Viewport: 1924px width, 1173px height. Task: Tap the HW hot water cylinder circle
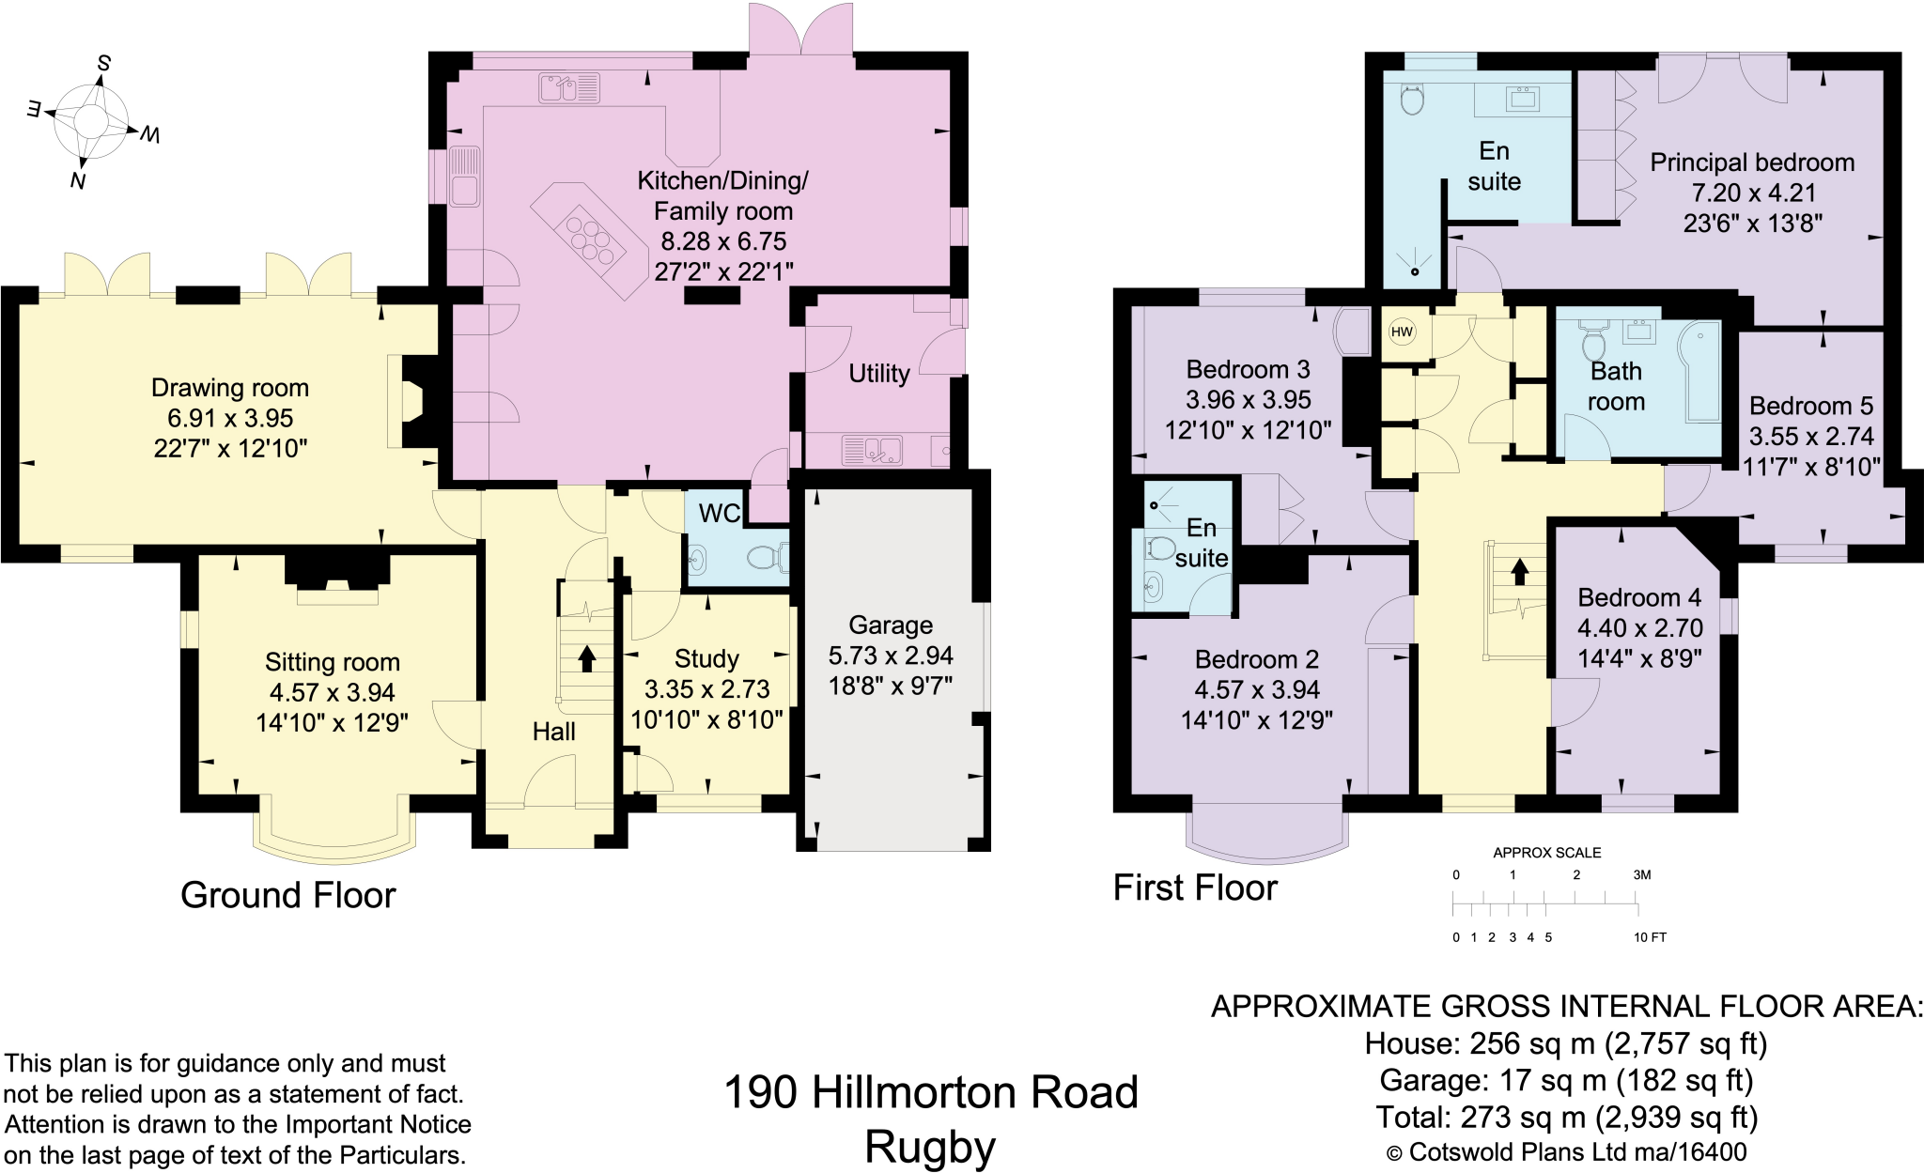(1402, 332)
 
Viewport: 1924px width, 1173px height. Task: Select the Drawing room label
(230, 388)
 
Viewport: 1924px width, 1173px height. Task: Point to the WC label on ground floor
(720, 513)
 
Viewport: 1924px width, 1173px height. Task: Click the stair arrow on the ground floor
(587, 657)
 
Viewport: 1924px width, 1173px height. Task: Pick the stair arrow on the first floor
(1519, 570)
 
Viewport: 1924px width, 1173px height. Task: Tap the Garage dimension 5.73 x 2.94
(891, 656)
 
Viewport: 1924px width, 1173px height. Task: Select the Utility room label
(879, 374)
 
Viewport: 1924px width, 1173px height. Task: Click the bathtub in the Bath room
(1701, 372)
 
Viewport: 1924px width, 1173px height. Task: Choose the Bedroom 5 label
(1810, 406)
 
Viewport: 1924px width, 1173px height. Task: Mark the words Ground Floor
(287, 895)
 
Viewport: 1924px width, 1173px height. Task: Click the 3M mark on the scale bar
(1641, 874)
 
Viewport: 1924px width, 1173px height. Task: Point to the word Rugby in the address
(930, 1147)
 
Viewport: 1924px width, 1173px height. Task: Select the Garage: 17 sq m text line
(1566, 1081)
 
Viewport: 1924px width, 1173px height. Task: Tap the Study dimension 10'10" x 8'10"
(706, 719)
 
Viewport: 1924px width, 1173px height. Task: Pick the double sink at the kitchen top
(569, 88)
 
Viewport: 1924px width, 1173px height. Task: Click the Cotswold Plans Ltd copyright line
(1566, 1152)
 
